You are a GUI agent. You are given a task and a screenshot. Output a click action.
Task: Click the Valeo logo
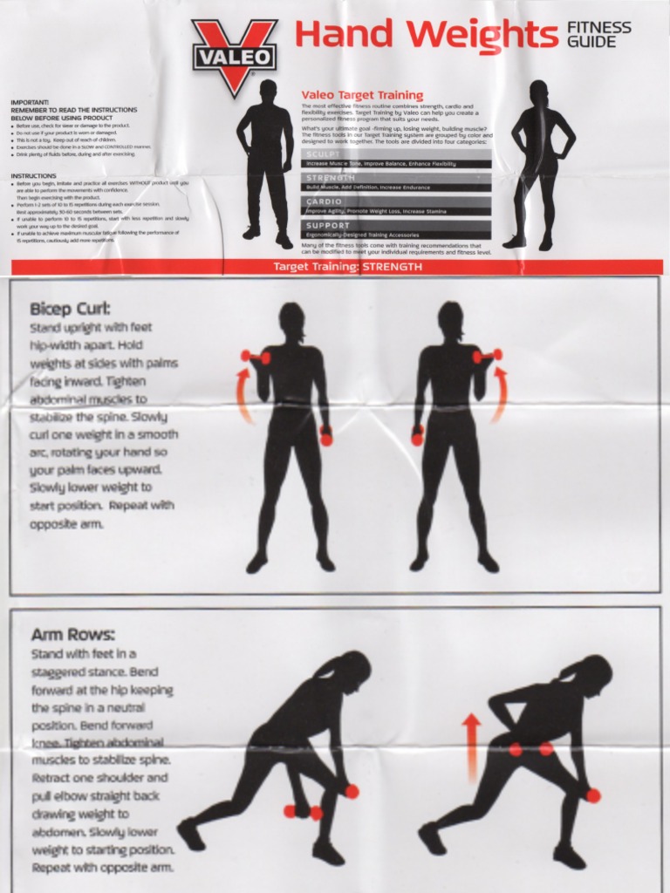(x=234, y=55)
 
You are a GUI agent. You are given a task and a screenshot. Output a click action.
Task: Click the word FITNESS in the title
(x=598, y=28)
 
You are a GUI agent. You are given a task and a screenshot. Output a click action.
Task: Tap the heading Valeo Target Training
(x=362, y=95)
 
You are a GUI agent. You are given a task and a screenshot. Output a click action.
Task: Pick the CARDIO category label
(x=325, y=201)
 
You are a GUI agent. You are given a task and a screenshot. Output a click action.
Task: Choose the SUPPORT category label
(x=327, y=225)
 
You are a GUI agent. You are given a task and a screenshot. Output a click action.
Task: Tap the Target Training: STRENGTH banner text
(x=347, y=267)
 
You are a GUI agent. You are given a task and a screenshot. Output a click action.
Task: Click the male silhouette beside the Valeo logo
(x=264, y=161)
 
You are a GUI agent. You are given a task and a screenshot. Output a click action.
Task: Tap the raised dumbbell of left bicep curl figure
(x=256, y=356)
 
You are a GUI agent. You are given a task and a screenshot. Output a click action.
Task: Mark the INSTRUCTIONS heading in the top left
(x=34, y=175)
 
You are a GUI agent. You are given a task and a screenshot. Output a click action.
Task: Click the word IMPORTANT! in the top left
(x=30, y=102)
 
